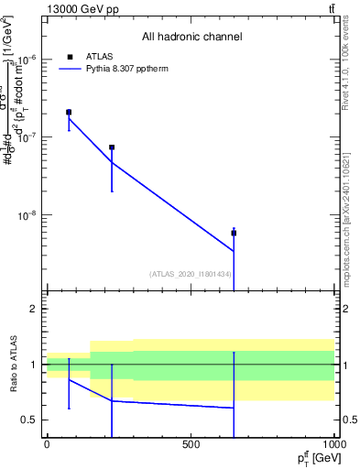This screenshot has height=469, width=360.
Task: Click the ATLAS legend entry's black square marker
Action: [x=70, y=56]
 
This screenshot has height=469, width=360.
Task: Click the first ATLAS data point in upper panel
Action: [x=69, y=112]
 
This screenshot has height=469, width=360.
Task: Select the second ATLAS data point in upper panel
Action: [x=112, y=147]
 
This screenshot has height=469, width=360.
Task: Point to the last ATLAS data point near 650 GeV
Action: [x=234, y=233]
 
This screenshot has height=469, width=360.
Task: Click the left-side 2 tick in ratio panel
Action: [x=33, y=309]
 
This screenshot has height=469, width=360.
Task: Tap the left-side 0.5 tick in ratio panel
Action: [x=29, y=420]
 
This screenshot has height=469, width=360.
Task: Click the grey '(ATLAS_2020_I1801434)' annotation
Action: [x=190, y=274]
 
